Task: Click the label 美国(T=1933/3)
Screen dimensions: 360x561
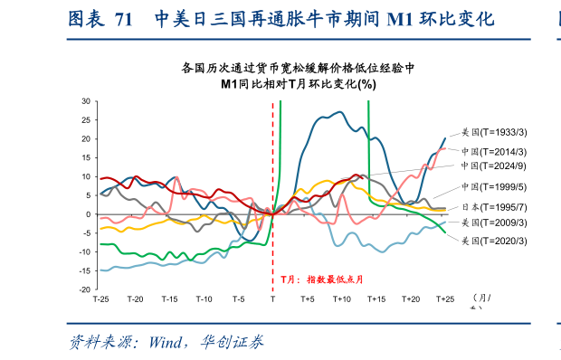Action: click(x=494, y=132)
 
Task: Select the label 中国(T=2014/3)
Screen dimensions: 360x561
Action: click(x=494, y=151)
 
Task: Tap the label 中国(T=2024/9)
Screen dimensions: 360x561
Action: click(x=494, y=166)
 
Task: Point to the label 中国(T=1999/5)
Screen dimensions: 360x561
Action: click(x=494, y=187)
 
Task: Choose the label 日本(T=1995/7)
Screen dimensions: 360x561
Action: click(x=494, y=207)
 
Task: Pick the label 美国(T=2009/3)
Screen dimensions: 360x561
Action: click(x=494, y=223)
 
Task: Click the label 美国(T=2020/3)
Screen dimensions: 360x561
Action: click(x=494, y=241)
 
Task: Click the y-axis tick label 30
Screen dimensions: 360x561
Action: click(x=86, y=100)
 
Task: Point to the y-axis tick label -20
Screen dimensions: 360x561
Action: click(x=84, y=289)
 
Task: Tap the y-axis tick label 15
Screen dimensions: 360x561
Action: click(x=86, y=157)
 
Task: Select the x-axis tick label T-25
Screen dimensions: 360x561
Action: click(x=100, y=299)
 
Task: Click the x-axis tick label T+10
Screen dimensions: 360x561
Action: click(x=342, y=299)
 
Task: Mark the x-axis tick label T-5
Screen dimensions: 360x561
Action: click(x=238, y=299)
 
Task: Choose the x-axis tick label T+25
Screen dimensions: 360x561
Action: click(x=445, y=299)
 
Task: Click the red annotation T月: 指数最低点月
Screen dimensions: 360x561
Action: click(x=321, y=280)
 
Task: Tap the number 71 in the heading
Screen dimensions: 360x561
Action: click(x=124, y=19)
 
